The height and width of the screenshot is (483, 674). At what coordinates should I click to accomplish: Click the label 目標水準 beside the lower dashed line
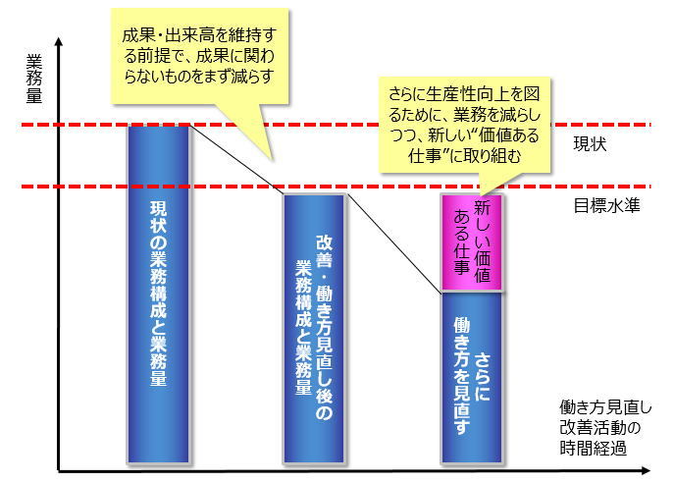click(x=606, y=207)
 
